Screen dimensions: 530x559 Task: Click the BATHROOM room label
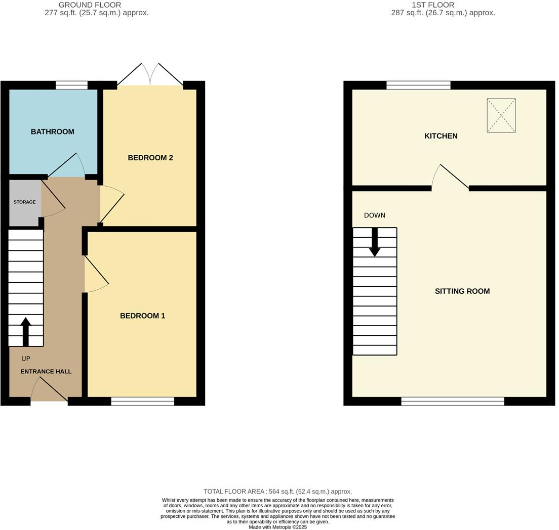click(53, 131)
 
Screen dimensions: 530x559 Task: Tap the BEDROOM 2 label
click(150, 158)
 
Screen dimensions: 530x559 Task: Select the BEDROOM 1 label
click(142, 316)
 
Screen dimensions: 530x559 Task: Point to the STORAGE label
click(24, 202)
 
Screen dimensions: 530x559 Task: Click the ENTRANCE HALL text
click(46, 371)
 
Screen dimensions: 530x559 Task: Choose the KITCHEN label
click(441, 136)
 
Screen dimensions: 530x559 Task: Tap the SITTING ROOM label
click(462, 291)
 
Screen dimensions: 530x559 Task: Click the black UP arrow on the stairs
click(25, 331)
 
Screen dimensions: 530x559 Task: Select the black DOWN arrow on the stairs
click(375, 242)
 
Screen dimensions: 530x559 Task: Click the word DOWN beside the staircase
click(375, 215)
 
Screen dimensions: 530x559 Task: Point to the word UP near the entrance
click(26, 359)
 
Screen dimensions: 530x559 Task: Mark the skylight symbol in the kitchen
click(501, 115)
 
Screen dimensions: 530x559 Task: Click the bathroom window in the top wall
click(71, 85)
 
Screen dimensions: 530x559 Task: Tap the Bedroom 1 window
click(143, 402)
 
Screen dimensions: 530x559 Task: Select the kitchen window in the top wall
click(418, 85)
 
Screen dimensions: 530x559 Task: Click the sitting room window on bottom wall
click(453, 402)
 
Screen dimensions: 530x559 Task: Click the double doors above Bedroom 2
click(150, 76)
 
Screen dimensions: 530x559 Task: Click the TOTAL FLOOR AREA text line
click(277, 492)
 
